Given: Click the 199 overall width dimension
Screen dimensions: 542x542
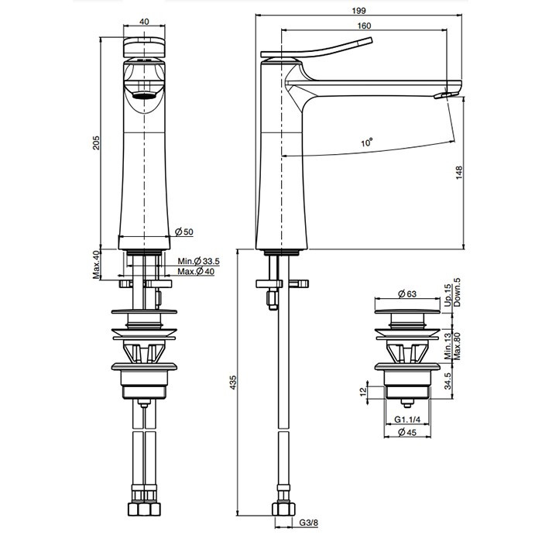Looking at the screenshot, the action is [x=358, y=11].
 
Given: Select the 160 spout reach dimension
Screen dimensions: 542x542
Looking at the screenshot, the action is [x=364, y=26].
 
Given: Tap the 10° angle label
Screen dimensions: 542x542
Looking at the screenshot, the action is [x=367, y=142].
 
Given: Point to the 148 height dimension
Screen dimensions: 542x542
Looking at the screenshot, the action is [x=459, y=173].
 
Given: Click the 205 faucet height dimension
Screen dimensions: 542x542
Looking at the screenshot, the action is [x=96, y=142].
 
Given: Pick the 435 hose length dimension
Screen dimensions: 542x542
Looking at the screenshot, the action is [x=233, y=382].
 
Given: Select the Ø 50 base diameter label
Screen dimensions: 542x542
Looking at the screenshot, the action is [x=184, y=232].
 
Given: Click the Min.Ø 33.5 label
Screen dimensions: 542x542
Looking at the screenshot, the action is [x=198, y=261].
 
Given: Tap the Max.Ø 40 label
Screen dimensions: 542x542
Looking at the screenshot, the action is [x=196, y=272].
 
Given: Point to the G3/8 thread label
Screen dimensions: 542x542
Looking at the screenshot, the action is [x=308, y=523].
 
